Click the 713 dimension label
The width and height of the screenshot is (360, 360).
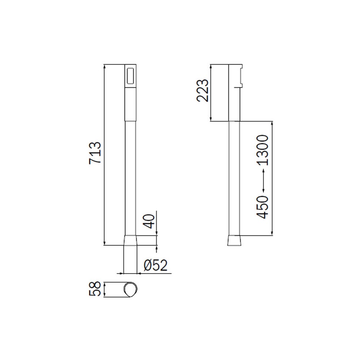click(x=95, y=153)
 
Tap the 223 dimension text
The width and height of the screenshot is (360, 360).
click(x=202, y=91)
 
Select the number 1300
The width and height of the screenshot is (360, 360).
click(x=262, y=150)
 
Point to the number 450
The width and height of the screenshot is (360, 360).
click(x=262, y=207)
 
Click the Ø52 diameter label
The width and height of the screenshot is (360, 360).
click(x=155, y=265)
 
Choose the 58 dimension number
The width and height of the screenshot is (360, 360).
click(x=95, y=289)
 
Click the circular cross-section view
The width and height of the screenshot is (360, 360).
click(x=131, y=290)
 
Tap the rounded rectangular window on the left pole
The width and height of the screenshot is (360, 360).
click(x=131, y=76)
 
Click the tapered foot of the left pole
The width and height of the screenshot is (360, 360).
click(x=130, y=240)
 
